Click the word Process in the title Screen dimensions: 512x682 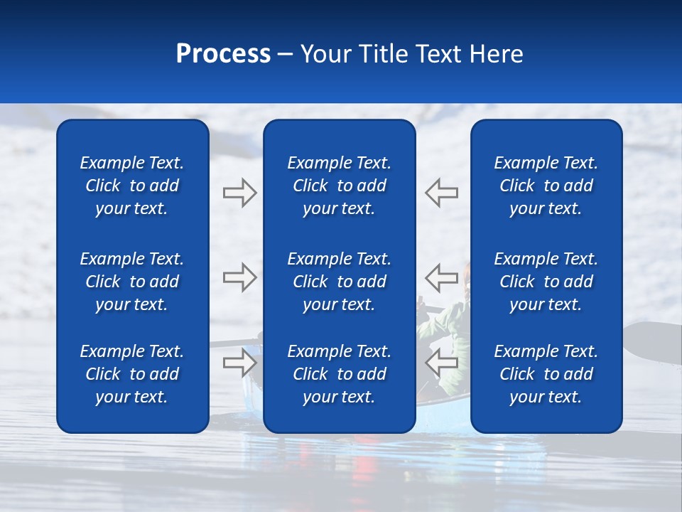pos(223,54)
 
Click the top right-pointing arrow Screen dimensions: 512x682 pos(239,193)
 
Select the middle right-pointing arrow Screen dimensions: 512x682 pos(239,277)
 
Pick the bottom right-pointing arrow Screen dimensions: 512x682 pos(239,363)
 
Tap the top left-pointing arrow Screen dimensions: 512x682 pos(442,193)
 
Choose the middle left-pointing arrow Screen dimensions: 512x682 pos(442,277)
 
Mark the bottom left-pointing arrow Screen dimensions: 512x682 pos(442,363)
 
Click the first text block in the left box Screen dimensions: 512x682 pos(131,186)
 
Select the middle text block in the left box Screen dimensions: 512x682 pos(131,282)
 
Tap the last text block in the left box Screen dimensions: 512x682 pos(131,374)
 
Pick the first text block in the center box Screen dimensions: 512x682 pos(339,186)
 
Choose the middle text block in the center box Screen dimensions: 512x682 pos(339,282)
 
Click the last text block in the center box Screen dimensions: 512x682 pos(339,374)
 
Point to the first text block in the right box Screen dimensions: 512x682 pos(546,186)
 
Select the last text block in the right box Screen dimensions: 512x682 pos(546,374)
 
